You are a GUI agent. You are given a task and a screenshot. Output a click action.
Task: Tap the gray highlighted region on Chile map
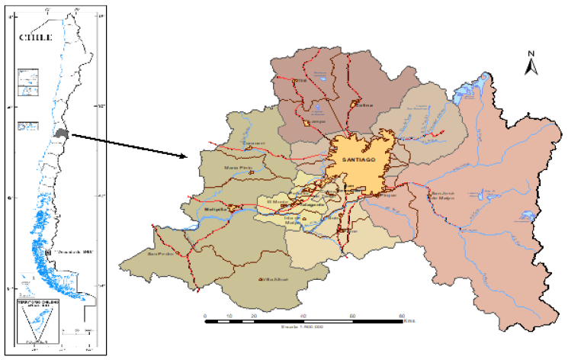61,133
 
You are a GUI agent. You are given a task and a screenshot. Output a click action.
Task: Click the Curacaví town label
230,143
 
